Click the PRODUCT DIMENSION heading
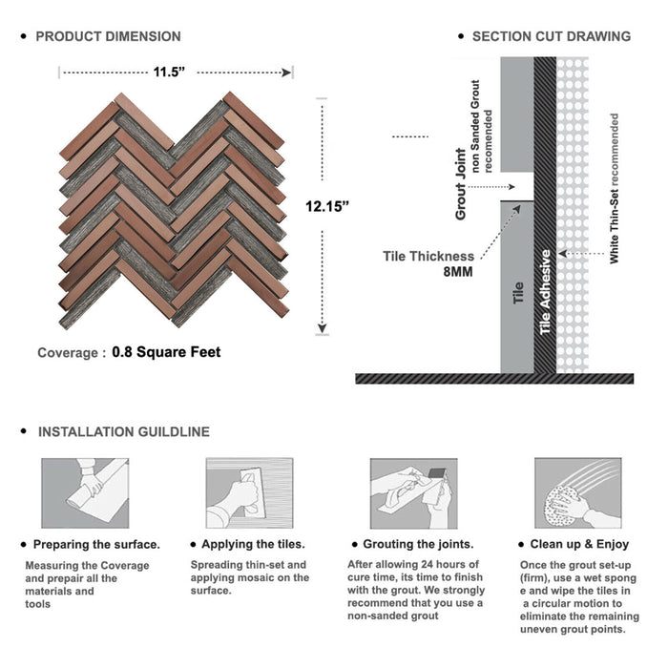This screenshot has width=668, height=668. [108, 37]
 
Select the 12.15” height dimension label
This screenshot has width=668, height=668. [327, 205]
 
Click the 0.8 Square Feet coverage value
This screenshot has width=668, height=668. [166, 352]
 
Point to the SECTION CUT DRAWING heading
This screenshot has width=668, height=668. [551, 37]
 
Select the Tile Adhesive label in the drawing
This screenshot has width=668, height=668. [546, 292]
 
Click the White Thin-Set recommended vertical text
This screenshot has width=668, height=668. [615, 189]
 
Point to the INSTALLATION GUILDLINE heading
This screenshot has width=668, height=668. [123, 432]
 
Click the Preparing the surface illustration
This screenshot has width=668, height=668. [84, 493]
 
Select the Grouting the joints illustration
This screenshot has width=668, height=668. [412, 493]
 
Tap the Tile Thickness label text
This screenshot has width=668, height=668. [428, 256]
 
